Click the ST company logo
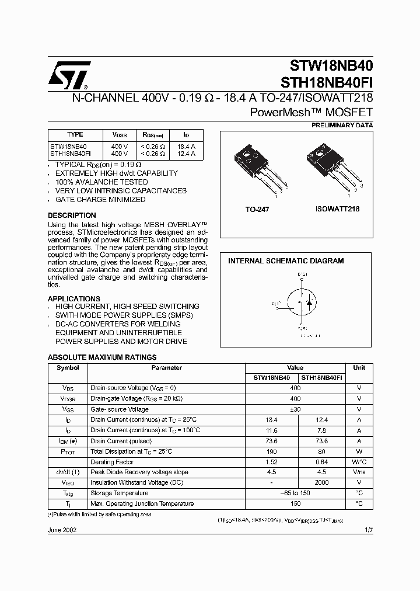click(69, 74)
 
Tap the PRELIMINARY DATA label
click(342, 125)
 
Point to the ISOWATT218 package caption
click(337, 209)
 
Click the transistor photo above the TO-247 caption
click(256, 167)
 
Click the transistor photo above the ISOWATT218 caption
click(335, 166)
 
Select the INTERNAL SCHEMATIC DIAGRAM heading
click(285, 261)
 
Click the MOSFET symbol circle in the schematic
click(304, 303)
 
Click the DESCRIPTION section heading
click(72, 215)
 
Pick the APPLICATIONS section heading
click(73, 298)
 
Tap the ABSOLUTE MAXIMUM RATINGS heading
click(101, 357)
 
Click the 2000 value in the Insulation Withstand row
click(321, 482)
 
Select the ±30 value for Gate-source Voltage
click(295, 409)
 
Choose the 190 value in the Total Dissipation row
click(271, 451)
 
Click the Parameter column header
click(166, 367)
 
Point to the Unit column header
click(359, 367)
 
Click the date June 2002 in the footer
click(62, 530)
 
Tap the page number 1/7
click(368, 530)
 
